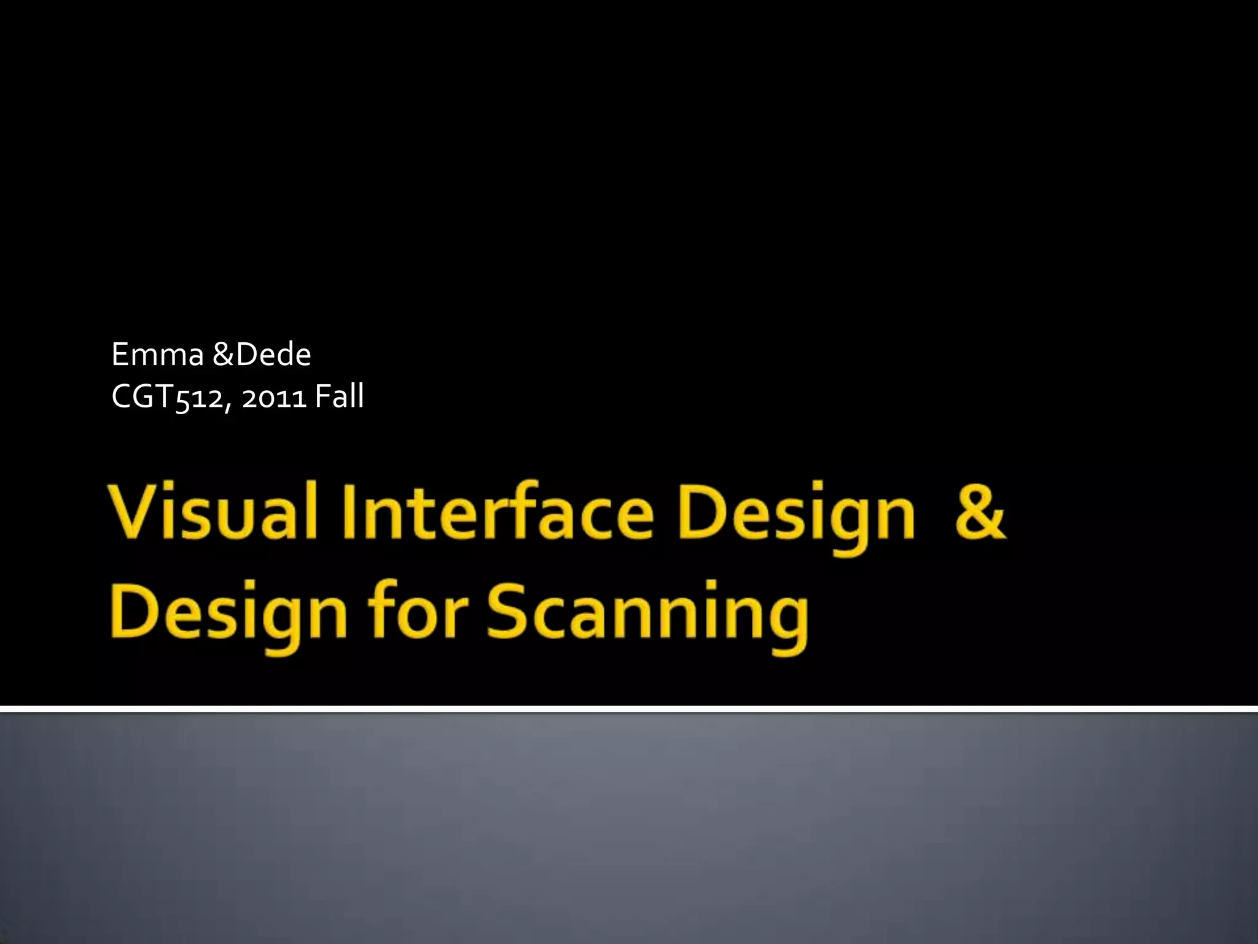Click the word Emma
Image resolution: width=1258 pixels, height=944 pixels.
coord(157,355)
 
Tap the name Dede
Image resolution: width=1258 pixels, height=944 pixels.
coord(274,355)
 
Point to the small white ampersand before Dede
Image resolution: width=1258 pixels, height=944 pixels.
coord(224,355)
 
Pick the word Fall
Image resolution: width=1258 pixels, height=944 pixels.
coord(339,396)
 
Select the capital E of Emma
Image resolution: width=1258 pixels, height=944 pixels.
coord(120,355)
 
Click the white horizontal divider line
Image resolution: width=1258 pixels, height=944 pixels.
coord(629,709)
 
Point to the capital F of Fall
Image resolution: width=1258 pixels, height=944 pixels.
coord(321,396)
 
